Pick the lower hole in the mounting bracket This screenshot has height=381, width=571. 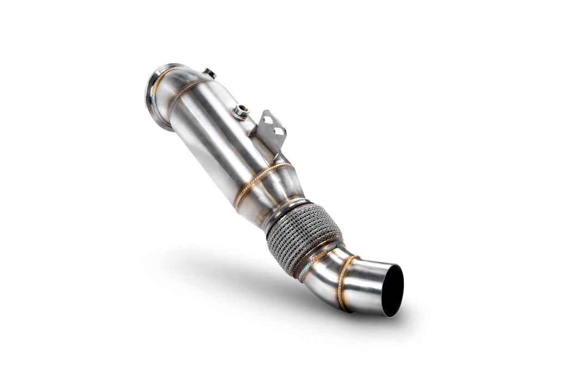click(278, 131)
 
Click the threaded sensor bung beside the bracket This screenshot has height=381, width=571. click(240, 112)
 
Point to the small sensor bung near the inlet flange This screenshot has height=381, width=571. click(209, 72)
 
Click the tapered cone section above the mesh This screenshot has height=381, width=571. click(272, 196)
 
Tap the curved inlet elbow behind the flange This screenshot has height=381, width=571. click(177, 82)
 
